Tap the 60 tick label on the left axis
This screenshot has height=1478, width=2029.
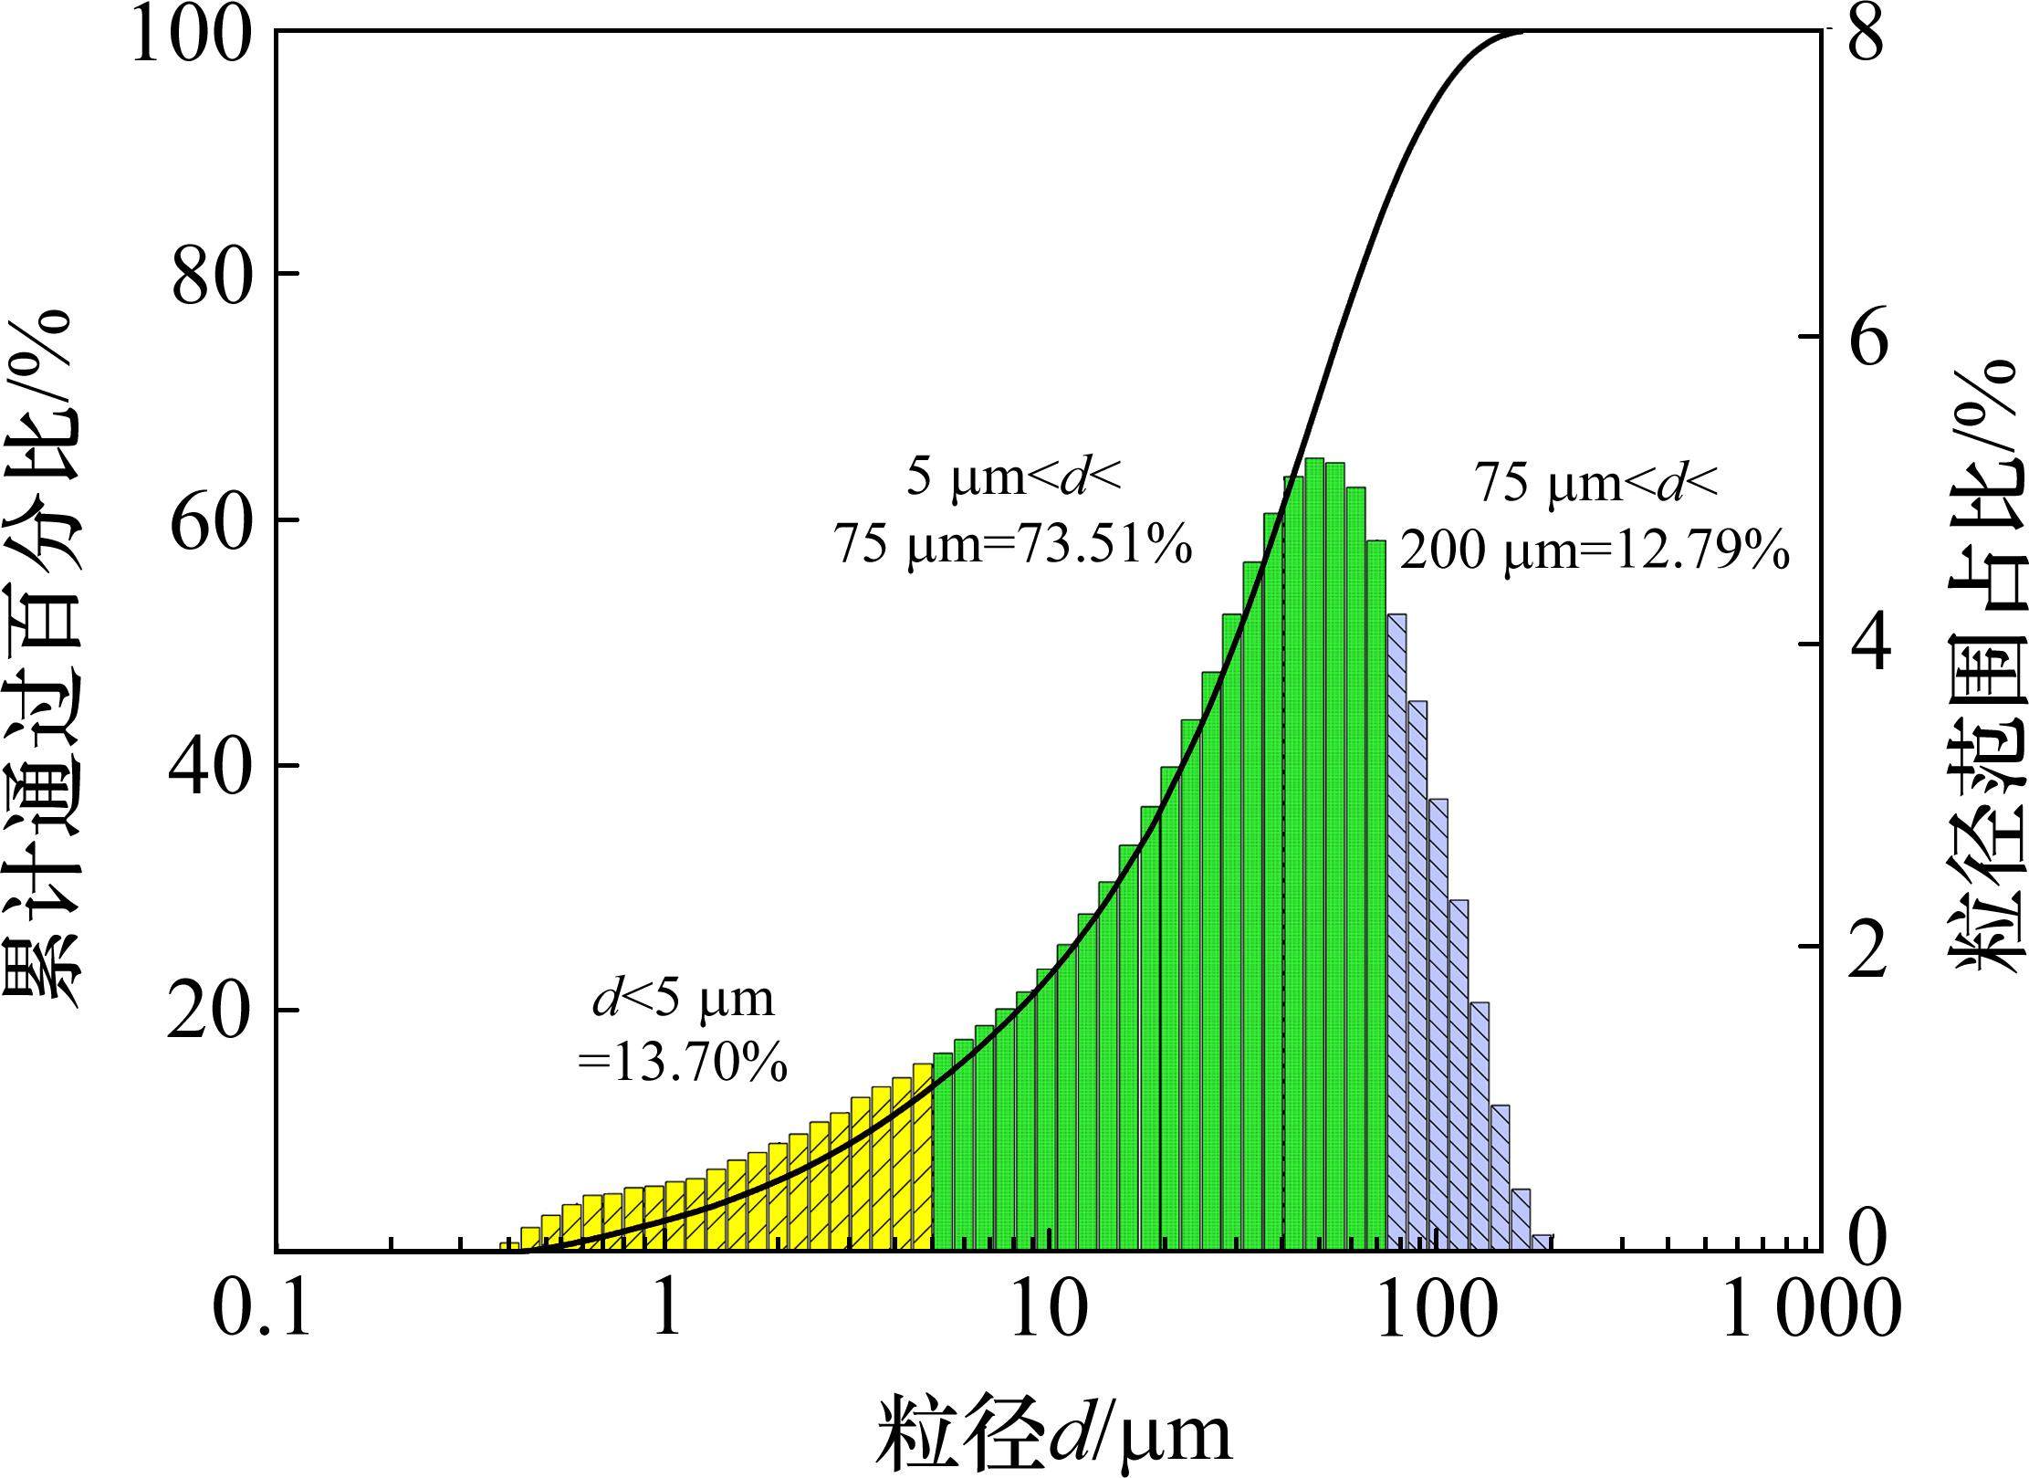click(x=213, y=521)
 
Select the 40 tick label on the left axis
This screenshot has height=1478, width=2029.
click(x=213, y=767)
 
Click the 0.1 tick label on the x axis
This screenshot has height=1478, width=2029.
click(x=261, y=1311)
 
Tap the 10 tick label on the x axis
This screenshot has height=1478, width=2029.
click(x=1051, y=1311)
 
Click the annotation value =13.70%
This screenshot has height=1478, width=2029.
click(x=683, y=1062)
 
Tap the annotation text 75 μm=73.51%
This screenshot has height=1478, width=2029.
click(x=1013, y=546)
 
